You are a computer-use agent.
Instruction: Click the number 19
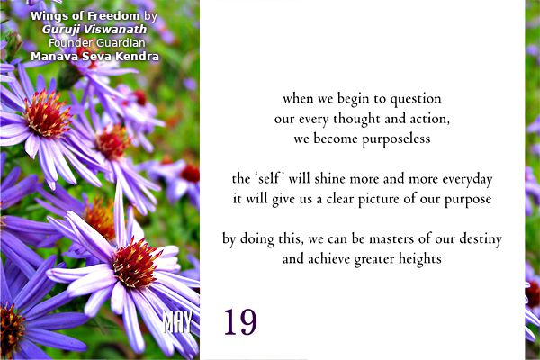pyautogui.click(x=240, y=322)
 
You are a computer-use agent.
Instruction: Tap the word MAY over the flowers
pyautogui.click(x=177, y=322)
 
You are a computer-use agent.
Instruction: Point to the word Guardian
pyautogui.click(x=121, y=43)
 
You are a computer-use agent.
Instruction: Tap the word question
pyautogui.click(x=416, y=100)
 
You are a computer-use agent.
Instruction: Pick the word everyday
pyautogui.click(x=467, y=179)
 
